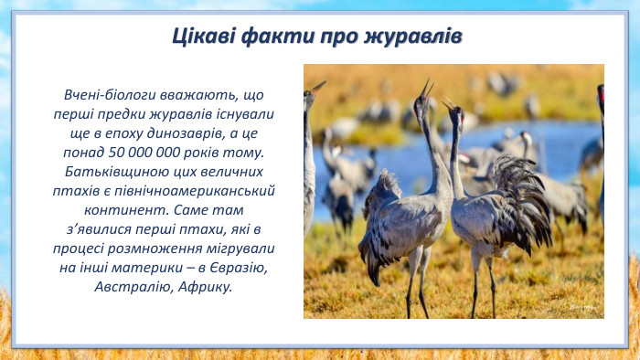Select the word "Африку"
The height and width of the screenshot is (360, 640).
203,286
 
